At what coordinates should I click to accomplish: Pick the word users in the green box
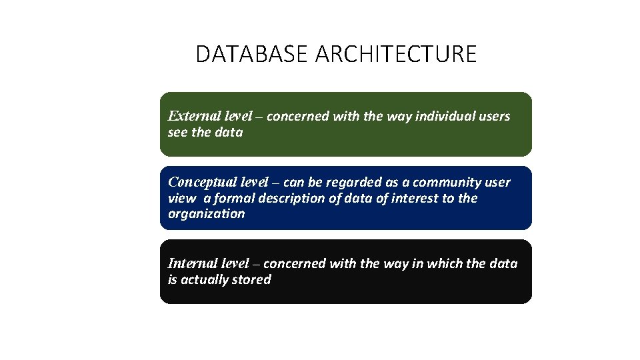(x=495, y=116)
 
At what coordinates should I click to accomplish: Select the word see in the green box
(x=178, y=132)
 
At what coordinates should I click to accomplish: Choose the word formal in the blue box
(x=235, y=198)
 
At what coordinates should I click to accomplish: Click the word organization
(x=206, y=214)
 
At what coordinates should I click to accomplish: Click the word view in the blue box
(x=181, y=198)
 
